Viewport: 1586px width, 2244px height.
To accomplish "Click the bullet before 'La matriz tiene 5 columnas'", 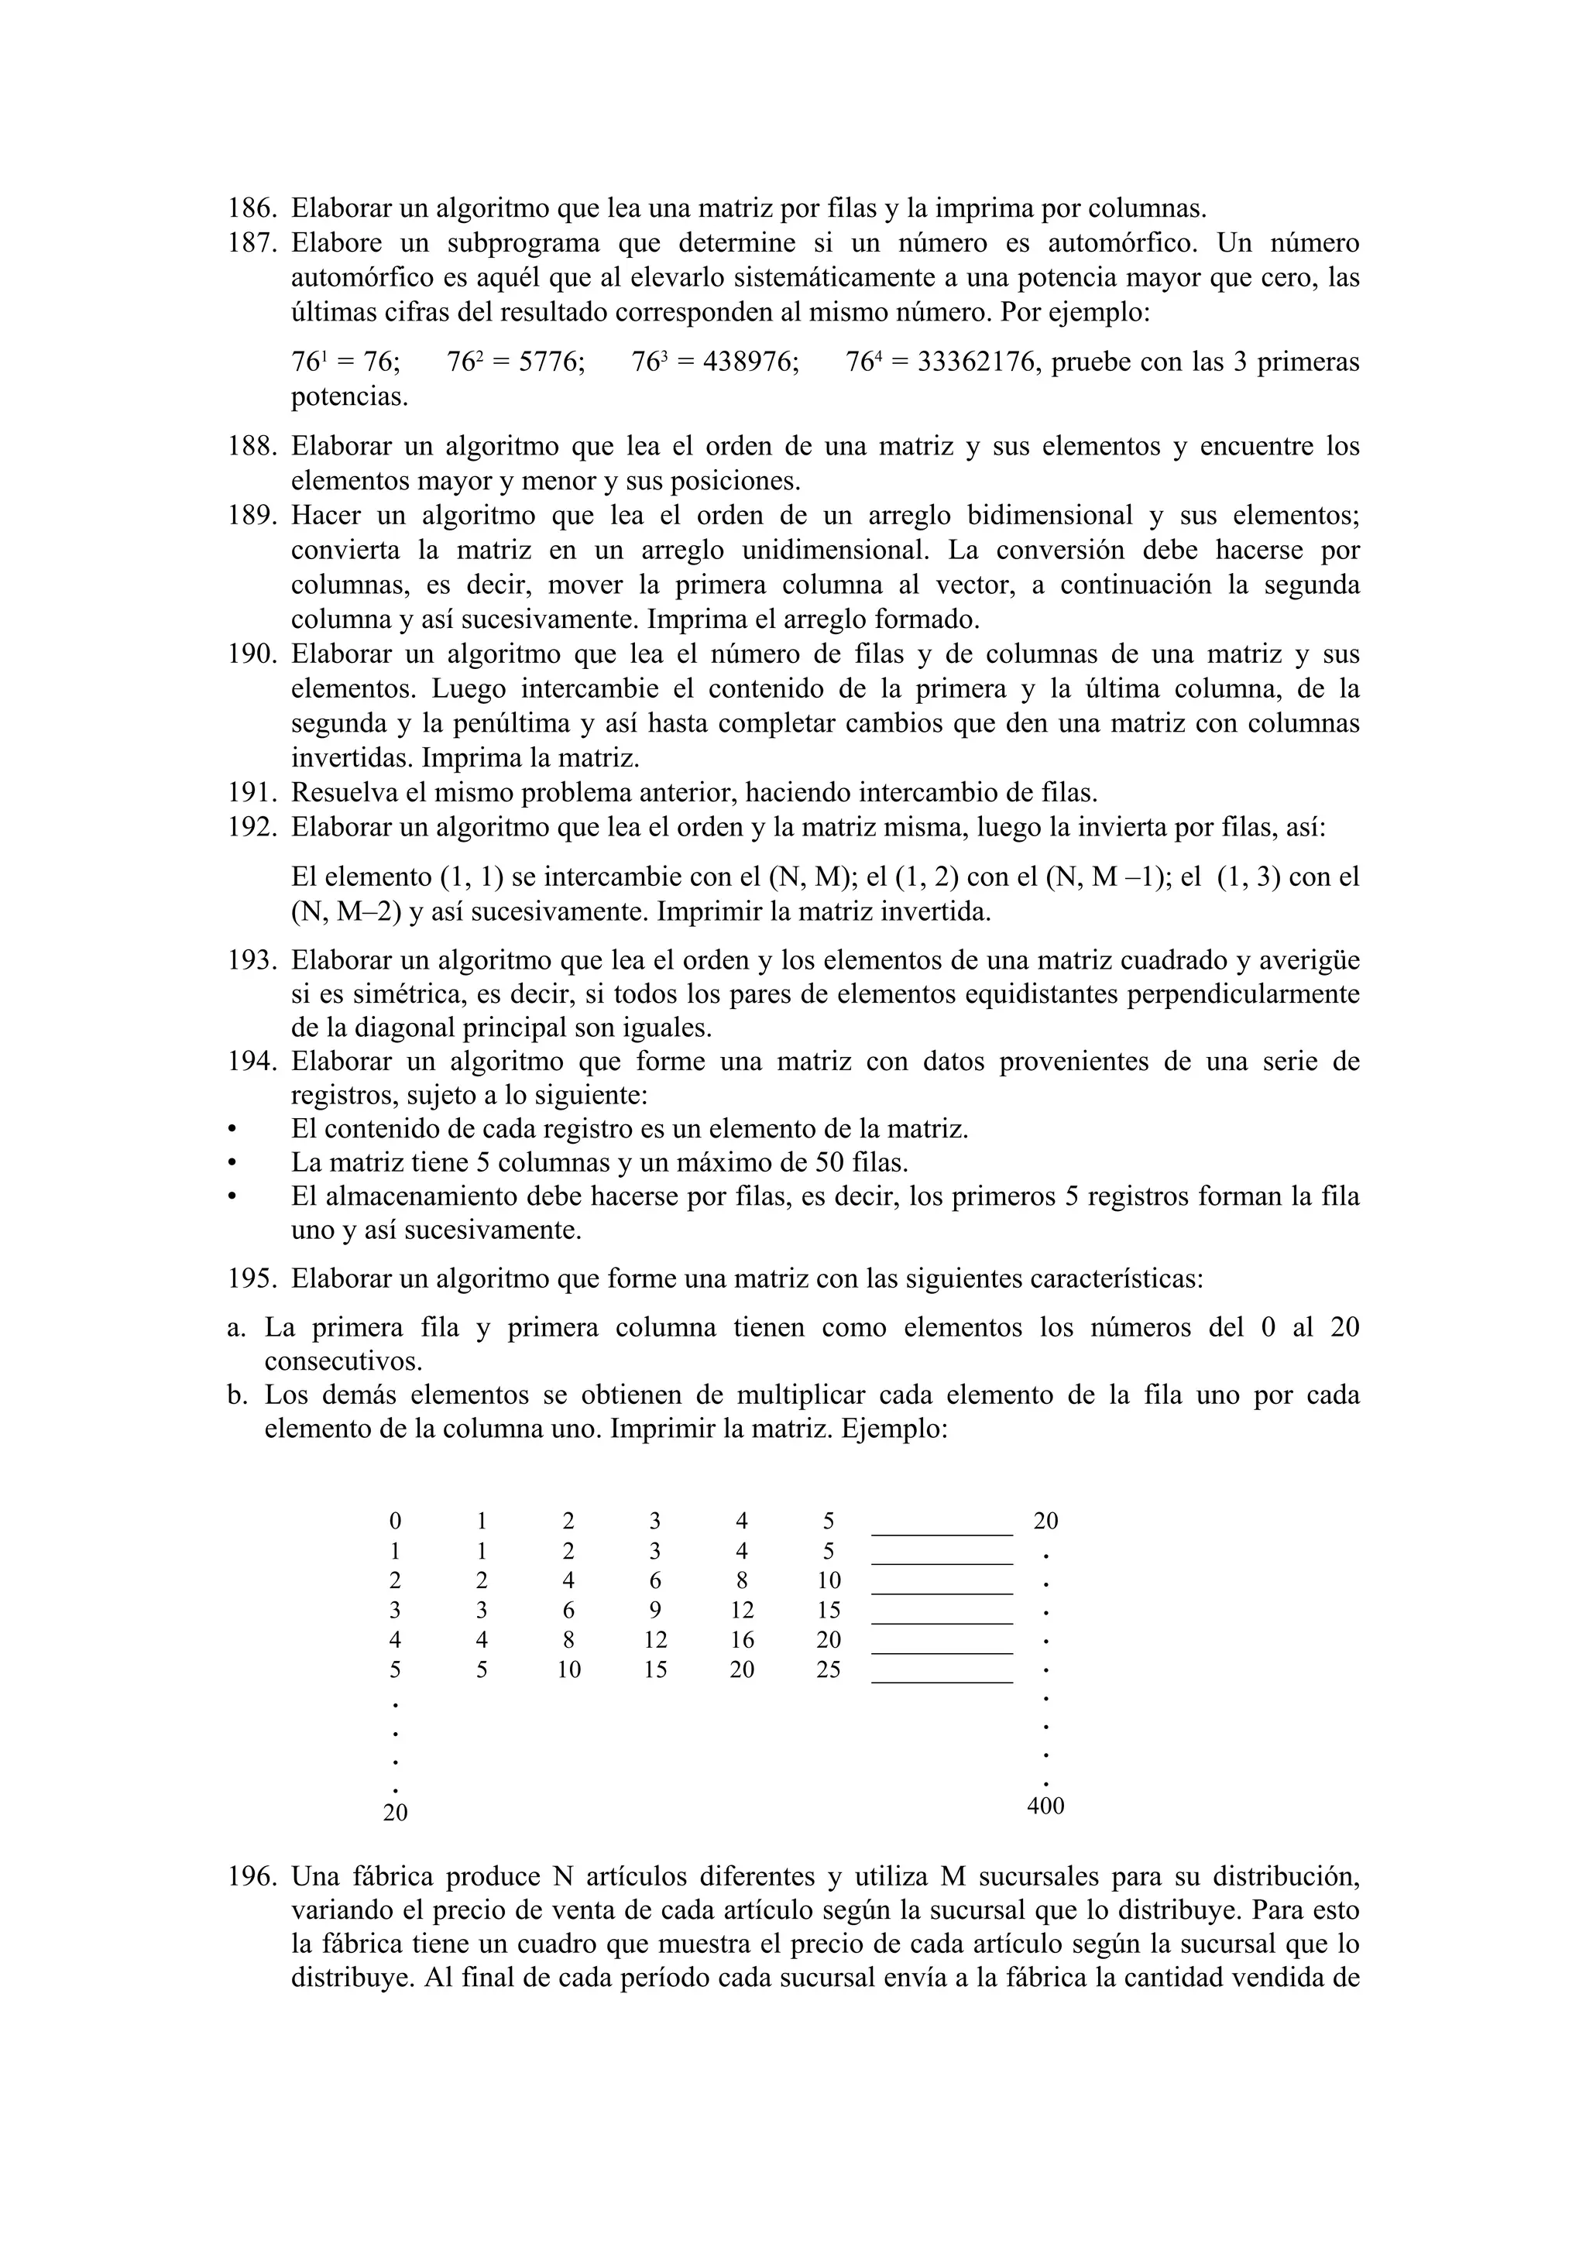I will (232, 1163).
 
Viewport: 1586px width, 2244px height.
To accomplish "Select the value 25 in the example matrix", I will (828, 1670).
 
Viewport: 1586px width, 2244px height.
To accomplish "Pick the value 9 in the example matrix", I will (654, 1610).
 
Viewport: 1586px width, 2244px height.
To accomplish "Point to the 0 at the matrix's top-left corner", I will (394, 1521).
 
